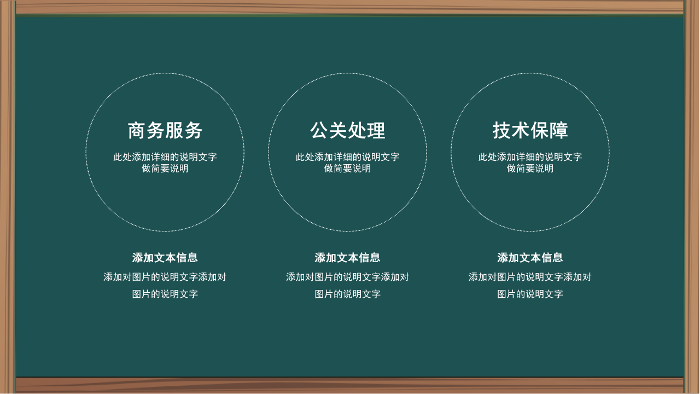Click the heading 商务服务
tap(165, 131)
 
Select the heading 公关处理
tap(348, 131)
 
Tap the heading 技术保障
tap(530, 131)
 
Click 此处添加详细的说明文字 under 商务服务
tap(165, 157)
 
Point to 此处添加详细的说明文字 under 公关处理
tap(348, 157)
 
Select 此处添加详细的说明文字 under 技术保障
tap(530, 157)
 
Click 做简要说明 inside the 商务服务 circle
tap(165, 169)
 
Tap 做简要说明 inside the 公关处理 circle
tap(348, 169)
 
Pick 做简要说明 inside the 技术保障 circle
tap(530, 169)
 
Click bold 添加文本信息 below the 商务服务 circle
tap(165, 258)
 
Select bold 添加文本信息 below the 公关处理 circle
tap(348, 258)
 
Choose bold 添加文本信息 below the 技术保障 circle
tap(530, 258)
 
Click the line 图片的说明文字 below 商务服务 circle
tap(165, 294)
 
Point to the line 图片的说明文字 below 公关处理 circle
tap(348, 294)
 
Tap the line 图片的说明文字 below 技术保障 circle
tap(530, 294)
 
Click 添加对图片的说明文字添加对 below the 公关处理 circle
tap(348, 277)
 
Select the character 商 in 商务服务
tap(137, 131)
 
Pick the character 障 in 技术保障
tap(559, 131)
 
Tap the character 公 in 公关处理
tap(319, 131)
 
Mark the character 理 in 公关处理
tap(376, 131)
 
